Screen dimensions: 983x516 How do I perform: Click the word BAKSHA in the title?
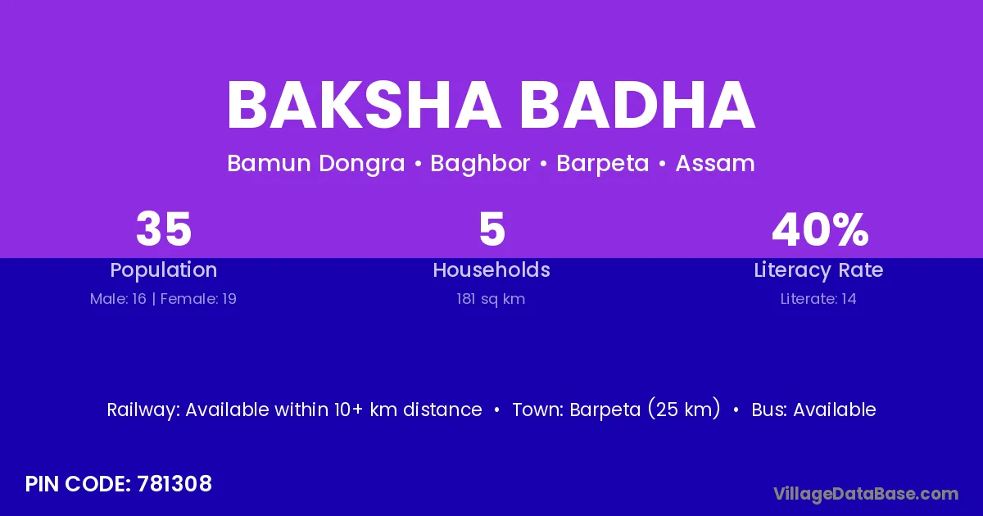point(364,106)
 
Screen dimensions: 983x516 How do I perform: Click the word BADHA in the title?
point(637,106)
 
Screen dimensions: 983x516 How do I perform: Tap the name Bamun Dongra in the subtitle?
point(316,164)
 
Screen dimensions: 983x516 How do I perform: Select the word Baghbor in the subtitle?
point(480,164)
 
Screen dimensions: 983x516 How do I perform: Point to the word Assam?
point(715,164)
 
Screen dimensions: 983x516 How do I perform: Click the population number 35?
point(164,229)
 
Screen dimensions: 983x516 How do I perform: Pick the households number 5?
point(491,229)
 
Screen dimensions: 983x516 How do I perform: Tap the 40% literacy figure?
point(820,229)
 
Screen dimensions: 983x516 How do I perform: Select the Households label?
point(491,269)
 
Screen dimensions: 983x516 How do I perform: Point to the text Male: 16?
point(118,299)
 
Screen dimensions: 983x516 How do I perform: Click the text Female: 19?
point(198,299)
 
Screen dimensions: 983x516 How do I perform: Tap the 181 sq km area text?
point(491,299)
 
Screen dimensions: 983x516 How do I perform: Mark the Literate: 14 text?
point(818,299)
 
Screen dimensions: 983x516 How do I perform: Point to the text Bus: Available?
point(813,410)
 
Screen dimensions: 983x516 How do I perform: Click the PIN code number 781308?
point(174,484)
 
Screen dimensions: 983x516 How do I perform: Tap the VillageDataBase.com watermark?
point(866,495)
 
